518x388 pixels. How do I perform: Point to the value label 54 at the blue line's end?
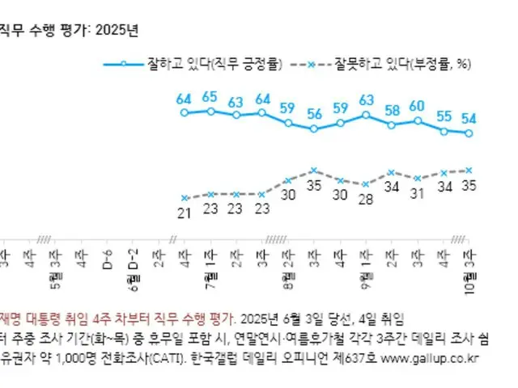tap(469, 118)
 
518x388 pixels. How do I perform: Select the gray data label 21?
tap(185, 212)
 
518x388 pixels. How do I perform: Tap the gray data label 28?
tap(366, 199)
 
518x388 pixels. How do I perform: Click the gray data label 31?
tap(418, 193)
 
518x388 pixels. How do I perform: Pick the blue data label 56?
tap(314, 112)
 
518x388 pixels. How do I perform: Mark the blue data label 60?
tap(418, 106)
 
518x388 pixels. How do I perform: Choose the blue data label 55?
tap(444, 116)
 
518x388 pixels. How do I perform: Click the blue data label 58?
tap(392, 110)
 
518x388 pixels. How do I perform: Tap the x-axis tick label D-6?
tap(107, 264)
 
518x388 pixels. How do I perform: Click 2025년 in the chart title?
tap(117, 31)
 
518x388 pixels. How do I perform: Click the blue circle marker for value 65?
tap(210, 110)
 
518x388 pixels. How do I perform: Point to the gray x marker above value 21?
tap(185, 198)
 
